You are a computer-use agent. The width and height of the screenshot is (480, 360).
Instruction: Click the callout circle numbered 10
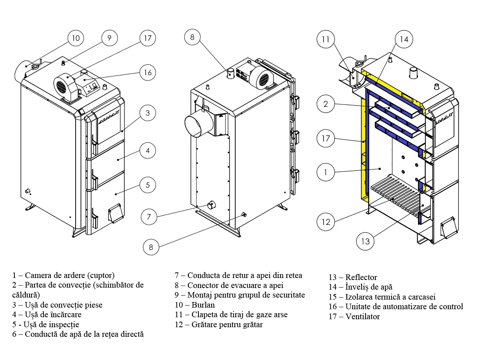click(76, 38)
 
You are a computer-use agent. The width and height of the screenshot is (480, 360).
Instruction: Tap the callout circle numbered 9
click(109, 38)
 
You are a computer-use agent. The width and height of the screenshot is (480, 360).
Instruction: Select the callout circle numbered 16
click(148, 72)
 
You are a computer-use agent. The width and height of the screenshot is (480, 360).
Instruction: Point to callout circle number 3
click(148, 113)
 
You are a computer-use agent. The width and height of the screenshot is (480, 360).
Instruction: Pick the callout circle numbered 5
click(148, 185)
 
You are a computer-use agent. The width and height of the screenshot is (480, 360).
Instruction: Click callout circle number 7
click(149, 217)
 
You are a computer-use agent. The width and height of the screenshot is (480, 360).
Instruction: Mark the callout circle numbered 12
click(326, 222)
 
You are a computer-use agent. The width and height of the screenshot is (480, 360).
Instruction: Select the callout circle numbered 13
click(365, 241)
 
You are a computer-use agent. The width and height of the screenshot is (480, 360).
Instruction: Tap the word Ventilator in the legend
click(362, 317)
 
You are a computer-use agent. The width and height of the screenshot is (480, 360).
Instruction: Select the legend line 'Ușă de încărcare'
click(47, 314)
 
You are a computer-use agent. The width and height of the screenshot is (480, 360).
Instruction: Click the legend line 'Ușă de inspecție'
click(46, 324)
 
